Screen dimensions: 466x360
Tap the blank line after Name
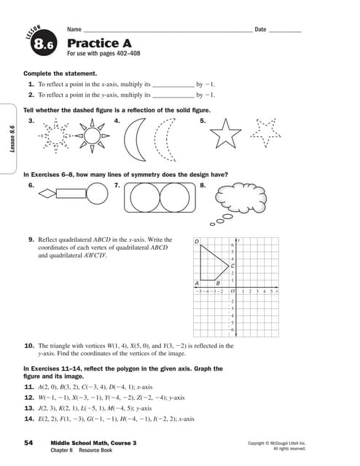(167, 31)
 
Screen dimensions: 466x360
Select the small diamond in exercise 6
(47, 194)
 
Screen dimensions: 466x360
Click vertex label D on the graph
(197, 241)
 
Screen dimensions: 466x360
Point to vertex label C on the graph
(232, 266)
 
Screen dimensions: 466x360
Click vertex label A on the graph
(197, 283)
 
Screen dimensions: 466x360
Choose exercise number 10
(30, 346)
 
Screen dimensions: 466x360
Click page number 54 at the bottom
(28, 443)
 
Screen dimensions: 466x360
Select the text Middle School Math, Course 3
(93, 443)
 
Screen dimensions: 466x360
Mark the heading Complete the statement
(60, 74)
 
